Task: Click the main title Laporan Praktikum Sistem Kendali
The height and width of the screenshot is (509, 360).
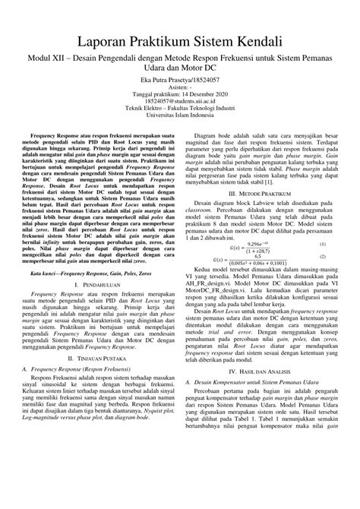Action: click(180, 40)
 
